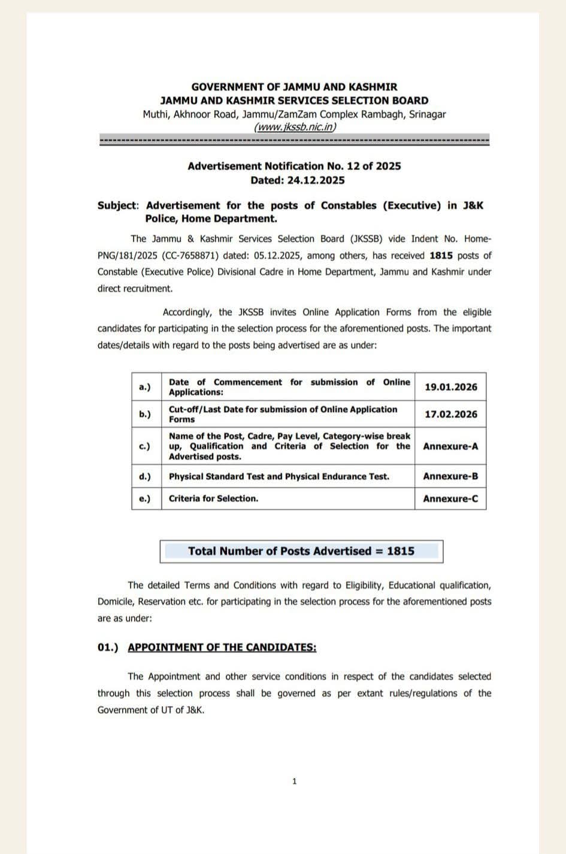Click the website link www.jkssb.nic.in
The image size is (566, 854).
[x=295, y=127]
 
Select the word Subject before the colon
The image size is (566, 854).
[x=117, y=205]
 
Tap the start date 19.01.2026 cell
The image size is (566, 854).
[x=450, y=387]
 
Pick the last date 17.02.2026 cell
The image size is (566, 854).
[x=450, y=414]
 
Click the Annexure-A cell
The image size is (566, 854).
[x=450, y=446]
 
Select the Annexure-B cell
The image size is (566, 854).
[x=450, y=476]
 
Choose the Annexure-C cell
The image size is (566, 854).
[x=450, y=498]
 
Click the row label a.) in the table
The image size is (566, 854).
[x=146, y=387]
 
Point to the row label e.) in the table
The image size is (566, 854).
[x=146, y=498]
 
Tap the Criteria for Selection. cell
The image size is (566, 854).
[x=213, y=498]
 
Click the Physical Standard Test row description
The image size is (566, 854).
[x=279, y=476]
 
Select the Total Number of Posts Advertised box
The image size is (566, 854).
[x=301, y=551]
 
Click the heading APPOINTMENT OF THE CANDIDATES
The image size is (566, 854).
[x=222, y=647]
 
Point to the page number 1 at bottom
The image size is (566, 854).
[x=294, y=781]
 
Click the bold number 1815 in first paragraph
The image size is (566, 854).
[x=441, y=255]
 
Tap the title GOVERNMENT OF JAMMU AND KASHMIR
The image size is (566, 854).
[x=294, y=87]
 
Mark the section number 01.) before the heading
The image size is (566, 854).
[x=108, y=647]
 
